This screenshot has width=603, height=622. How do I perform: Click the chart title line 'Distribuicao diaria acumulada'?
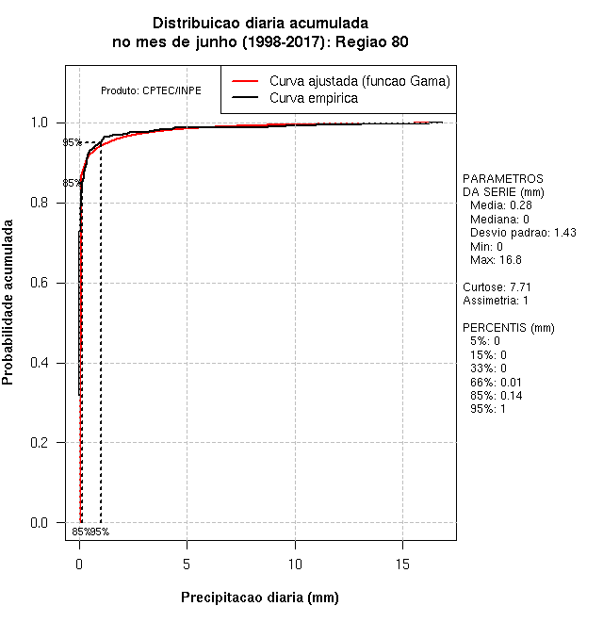[260, 23]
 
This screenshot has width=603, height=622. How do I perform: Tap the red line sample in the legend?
[244, 80]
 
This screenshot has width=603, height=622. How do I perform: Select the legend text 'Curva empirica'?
[314, 98]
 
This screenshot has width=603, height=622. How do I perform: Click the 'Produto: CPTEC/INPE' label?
[151, 90]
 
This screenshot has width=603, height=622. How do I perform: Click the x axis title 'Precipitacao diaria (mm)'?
[259, 597]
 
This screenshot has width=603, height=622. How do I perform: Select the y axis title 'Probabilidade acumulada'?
[8, 303]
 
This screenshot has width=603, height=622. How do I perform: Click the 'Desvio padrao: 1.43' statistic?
[523, 232]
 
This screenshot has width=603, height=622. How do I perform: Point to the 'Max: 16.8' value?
[496, 259]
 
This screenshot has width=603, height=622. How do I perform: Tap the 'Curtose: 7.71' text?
[497, 286]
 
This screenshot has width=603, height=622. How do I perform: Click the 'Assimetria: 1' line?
[496, 301]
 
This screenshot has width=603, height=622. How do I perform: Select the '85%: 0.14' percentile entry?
[496, 396]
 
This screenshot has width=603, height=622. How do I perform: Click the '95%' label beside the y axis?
[72, 143]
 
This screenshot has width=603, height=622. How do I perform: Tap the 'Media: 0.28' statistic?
[501, 205]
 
